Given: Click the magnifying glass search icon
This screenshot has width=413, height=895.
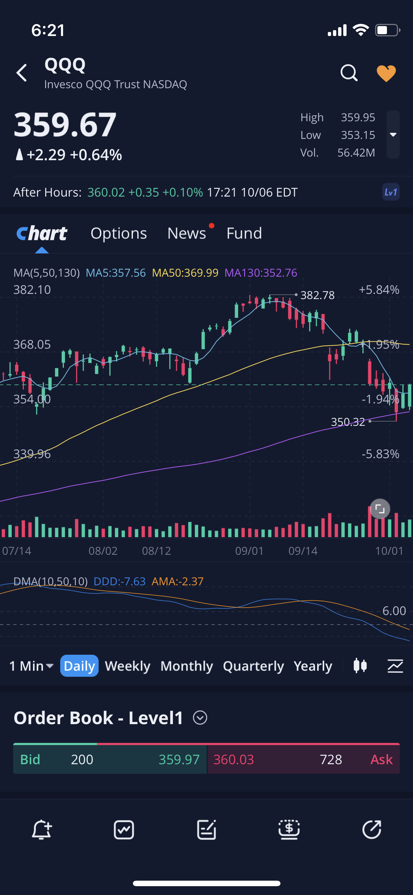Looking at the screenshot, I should coord(349,73).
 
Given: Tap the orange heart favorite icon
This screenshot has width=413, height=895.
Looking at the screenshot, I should coord(386,73).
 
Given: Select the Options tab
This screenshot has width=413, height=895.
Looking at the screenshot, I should coord(119,233).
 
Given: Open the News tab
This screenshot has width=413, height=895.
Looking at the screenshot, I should coord(187,233).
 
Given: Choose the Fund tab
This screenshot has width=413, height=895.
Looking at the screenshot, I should coord(244,233).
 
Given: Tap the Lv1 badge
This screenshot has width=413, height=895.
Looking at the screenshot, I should coord(391,192).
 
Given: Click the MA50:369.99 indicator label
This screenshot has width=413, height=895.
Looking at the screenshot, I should coord(185,273).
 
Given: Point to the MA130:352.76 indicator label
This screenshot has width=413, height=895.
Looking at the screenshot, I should coord(261,273).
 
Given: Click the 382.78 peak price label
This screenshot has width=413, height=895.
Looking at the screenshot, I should coord(318,295).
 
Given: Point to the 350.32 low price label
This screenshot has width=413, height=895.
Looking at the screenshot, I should coord(348,422).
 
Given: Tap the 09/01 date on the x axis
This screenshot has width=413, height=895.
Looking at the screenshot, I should coord(249,551).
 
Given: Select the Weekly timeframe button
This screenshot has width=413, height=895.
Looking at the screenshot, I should coord(128,666).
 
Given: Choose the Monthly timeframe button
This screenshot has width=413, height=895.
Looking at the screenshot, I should coord(187,666).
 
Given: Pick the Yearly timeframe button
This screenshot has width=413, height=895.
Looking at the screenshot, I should coord(313,666).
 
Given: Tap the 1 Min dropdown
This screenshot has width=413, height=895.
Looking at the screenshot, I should coord(32,666).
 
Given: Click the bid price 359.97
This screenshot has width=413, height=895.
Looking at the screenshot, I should coord(179,759).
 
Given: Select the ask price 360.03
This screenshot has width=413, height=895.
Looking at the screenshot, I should coord(234,759).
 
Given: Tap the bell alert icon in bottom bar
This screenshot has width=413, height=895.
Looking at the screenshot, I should coord(41,830).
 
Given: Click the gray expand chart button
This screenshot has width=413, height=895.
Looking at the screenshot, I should coord(380,508).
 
